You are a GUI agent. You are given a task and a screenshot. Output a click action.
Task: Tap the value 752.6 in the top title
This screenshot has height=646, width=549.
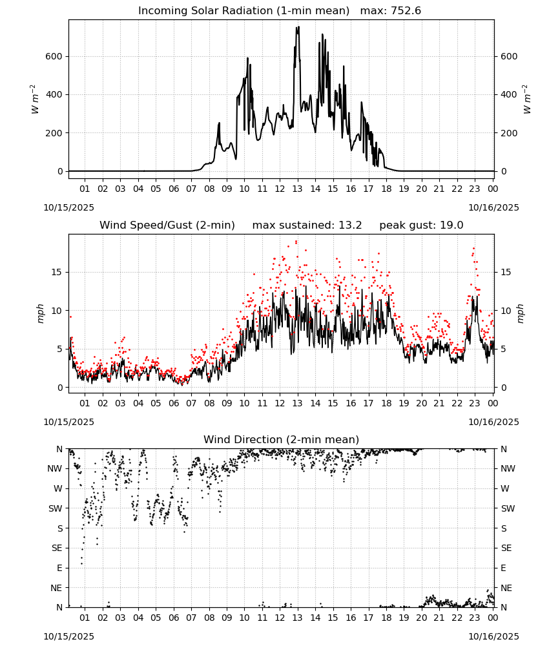pyautogui.click(x=406, y=11)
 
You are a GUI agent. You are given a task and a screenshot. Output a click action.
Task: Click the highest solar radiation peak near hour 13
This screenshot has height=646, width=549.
pyautogui.click(x=298, y=27)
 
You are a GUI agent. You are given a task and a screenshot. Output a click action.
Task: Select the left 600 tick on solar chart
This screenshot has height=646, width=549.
pyautogui.click(x=54, y=56)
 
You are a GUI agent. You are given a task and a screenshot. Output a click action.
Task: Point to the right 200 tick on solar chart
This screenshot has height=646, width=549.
pyautogui.click(x=509, y=133)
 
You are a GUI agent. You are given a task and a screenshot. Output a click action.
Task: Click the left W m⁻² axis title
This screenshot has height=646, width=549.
pyautogui.click(x=35, y=99)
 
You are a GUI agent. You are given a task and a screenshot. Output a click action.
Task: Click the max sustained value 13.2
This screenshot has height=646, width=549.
pyautogui.click(x=350, y=225)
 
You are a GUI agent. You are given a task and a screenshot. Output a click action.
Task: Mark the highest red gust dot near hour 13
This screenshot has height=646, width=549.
pyautogui.click(x=296, y=242)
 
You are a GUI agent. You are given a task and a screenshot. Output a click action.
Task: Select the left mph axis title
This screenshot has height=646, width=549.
pyautogui.click(x=40, y=313)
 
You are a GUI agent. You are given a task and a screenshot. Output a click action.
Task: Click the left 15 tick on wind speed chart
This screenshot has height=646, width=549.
pyautogui.click(x=57, y=273)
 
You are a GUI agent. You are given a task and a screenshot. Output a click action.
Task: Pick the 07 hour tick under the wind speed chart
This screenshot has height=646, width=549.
pyautogui.click(x=192, y=403)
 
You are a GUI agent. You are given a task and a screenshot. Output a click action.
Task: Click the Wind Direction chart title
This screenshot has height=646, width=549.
pyautogui.click(x=282, y=439)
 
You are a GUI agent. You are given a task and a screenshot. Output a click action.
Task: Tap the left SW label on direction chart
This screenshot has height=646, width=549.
pyautogui.click(x=56, y=508)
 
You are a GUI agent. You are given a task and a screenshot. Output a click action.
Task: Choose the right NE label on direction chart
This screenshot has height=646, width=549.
pyautogui.click(x=506, y=588)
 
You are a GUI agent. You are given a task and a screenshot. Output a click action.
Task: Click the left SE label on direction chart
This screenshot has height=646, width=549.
pyautogui.click(x=57, y=548)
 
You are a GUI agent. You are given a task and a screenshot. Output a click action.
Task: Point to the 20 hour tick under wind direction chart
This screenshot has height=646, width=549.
pyautogui.click(x=422, y=618)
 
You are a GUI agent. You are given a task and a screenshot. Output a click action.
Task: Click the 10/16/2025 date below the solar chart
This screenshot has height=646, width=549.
pyautogui.click(x=494, y=207)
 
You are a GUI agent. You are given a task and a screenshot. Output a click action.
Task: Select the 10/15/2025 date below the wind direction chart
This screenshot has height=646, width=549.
pyautogui.click(x=68, y=636)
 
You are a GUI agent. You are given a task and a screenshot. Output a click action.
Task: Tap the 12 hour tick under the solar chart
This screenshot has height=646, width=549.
pyautogui.click(x=280, y=189)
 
